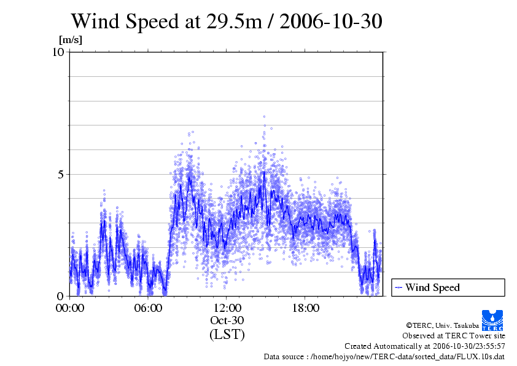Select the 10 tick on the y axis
58,52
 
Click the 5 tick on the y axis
61,174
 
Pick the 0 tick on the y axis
61,296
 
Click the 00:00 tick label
70,308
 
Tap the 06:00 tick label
149,308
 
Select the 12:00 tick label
227,308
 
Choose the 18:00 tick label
306,308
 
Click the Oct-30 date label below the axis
227,320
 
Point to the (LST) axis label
227,335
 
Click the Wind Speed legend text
432,287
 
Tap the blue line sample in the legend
398,287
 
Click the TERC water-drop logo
493,320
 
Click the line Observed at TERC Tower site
454,336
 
